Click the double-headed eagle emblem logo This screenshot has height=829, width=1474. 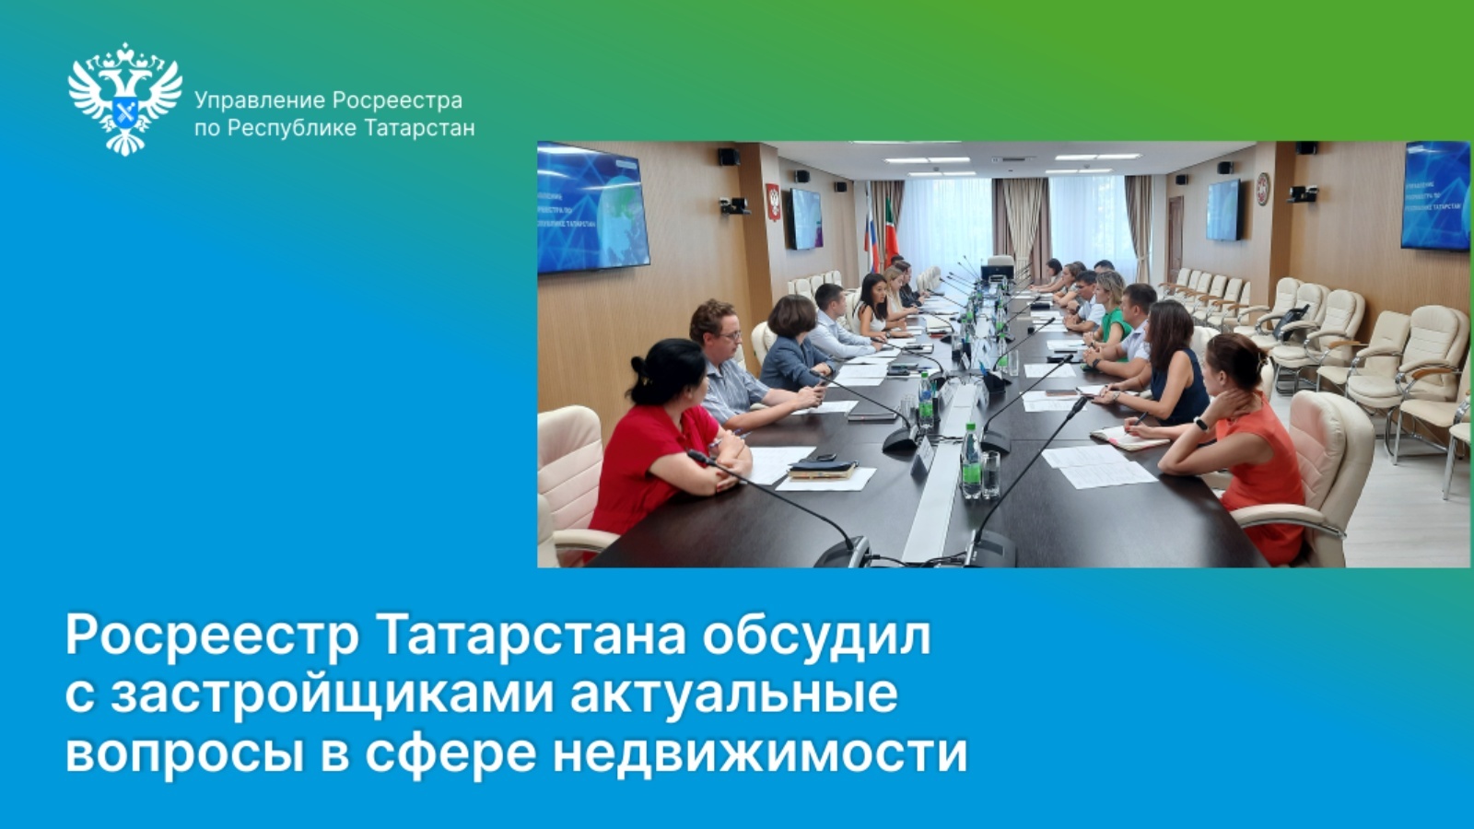click(125, 99)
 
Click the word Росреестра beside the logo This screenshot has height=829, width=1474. click(397, 101)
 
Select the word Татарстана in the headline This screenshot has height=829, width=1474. click(533, 636)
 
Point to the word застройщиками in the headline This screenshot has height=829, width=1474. click(332, 695)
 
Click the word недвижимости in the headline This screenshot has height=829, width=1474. click(760, 753)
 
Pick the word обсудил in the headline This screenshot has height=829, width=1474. click(816, 636)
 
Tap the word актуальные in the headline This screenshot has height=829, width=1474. click(733, 695)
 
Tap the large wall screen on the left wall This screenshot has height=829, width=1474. click(592, 207)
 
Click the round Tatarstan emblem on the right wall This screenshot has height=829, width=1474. click(1263, 188)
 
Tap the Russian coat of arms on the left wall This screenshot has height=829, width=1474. click(774, 201)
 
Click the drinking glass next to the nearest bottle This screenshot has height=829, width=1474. click(990, 473)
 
